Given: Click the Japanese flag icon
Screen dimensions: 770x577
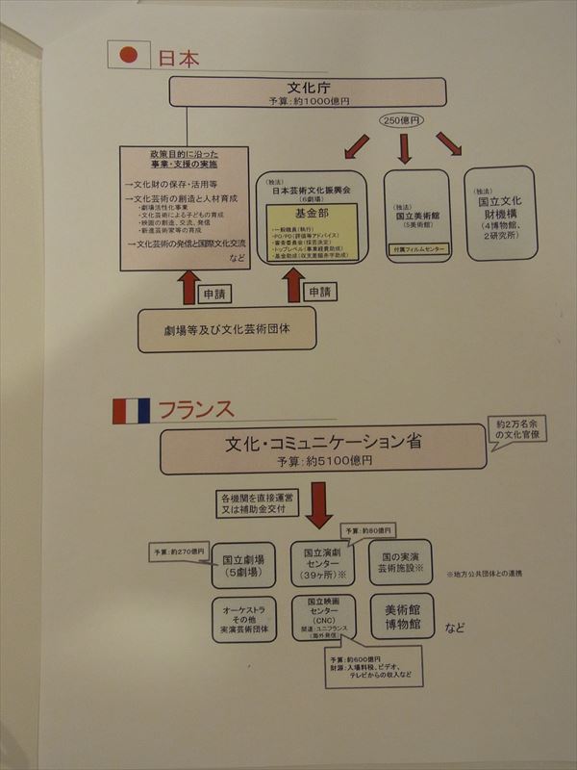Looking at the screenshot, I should click(x=128, y=55).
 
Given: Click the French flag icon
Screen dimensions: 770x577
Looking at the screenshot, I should click(x=131, y=411).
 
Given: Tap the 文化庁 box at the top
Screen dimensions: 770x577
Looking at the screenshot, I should click(x=308, y=91).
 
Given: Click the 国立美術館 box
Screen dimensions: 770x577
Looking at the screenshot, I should click(x=416, y=215).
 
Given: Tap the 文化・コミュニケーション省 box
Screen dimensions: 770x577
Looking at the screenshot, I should click(x=323, y=449).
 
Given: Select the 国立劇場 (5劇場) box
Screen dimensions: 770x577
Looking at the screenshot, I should click(x=243, y=565).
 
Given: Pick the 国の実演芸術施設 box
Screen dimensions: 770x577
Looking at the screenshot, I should click(x=400, y=563).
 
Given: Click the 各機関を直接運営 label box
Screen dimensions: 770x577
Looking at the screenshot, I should click(x=251, y=503).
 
